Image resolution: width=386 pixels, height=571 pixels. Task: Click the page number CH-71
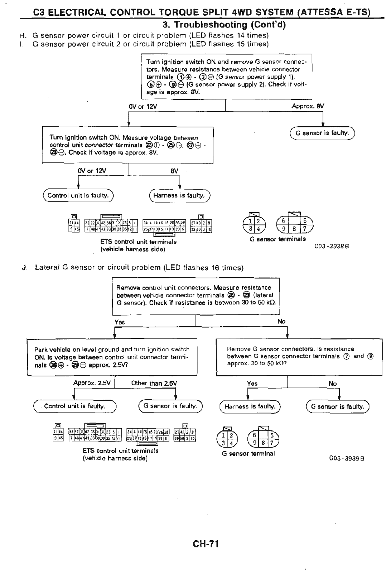(x=205, y=545)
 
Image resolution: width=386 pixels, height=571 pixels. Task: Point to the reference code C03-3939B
(x=346, y=458)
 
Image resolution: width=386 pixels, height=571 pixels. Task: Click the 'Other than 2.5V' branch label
(x=154, y=383)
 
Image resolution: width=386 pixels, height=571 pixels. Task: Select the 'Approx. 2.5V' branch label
(x=92, y=383)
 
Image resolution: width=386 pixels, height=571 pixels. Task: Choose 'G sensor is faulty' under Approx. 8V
(x=322, y=133)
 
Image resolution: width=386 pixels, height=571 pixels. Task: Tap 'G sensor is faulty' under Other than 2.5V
(x=170, y=406)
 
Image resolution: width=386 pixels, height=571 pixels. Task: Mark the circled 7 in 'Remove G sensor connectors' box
(x=346, y=356)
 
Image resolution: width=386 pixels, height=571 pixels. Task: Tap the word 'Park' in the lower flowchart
(x=41, y=350)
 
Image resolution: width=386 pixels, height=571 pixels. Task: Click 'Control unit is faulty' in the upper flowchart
(x=78, y=195)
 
